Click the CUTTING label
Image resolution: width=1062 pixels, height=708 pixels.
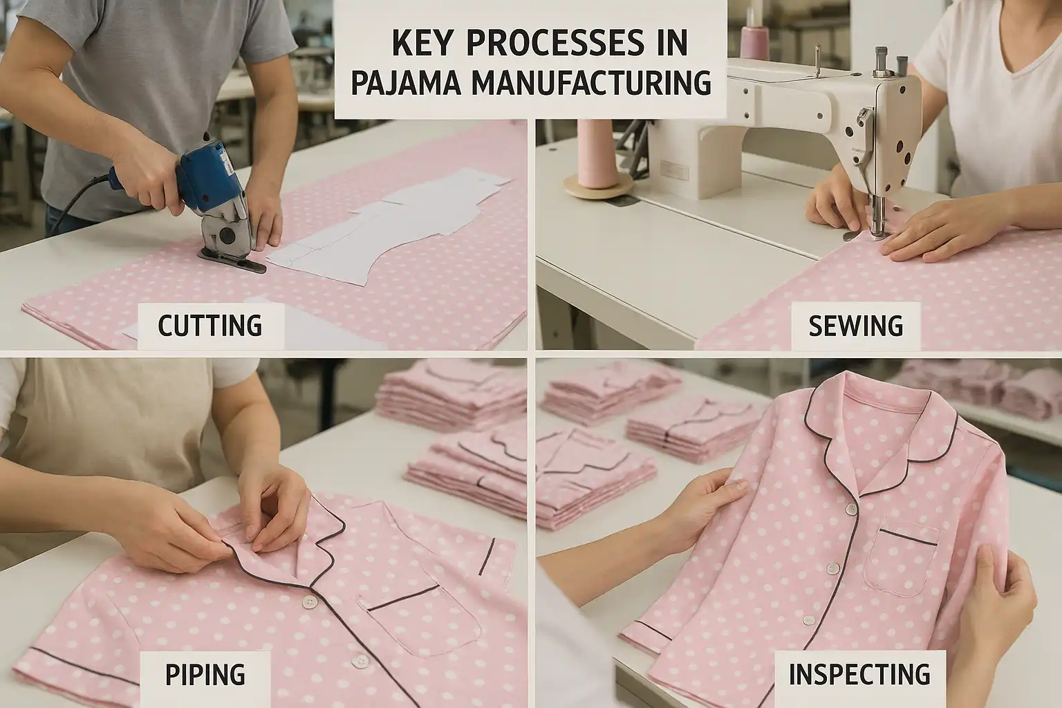[210, 326]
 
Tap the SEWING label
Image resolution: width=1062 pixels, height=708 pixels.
[856, 326]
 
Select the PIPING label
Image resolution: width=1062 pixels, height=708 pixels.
[205, 675]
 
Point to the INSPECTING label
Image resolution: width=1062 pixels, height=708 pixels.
[859, 674]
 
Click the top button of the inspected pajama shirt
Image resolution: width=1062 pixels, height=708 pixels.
[852, 509]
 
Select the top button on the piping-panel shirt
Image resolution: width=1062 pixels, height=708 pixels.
[310, 602]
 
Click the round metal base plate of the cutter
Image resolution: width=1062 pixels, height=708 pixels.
[233, 261]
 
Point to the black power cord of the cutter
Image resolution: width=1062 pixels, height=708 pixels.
[81, 199]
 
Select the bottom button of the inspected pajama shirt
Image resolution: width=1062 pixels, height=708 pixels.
[809, 620]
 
